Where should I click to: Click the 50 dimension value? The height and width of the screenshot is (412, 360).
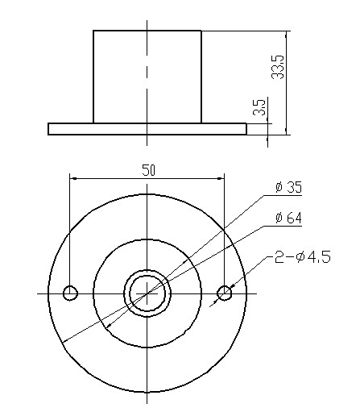(148, 169)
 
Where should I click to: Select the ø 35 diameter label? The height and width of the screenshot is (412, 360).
(288, 187)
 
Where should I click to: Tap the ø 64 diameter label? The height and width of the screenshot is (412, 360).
(288, 218)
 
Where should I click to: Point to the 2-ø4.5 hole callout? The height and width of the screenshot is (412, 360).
(302, 258)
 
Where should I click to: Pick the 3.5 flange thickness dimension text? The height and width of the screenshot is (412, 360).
(258, 108)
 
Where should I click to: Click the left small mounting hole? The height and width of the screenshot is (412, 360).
(71, 293)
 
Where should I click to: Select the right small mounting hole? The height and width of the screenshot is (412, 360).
(225, 293)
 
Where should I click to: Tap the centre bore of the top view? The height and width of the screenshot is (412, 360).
(147, 293)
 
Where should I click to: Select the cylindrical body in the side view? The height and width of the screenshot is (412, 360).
(147, 77)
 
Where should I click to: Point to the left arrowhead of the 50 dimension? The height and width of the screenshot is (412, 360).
(74, 177)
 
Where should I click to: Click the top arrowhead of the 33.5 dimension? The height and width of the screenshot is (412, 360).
(286, 35)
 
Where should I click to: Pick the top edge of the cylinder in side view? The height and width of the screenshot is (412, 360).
(147, 31)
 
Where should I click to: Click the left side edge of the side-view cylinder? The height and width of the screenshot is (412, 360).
(93, 77)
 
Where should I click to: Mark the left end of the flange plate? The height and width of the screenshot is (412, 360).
(50, 128)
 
